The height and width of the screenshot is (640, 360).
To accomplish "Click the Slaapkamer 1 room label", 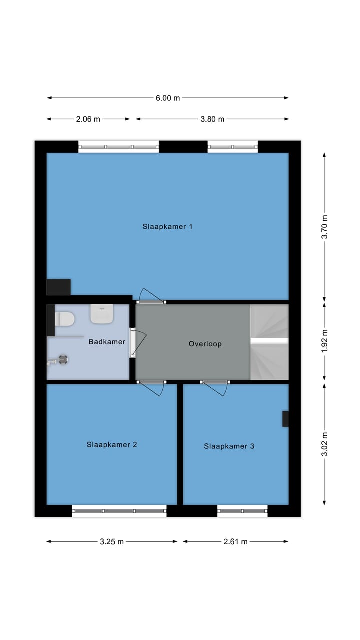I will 167,227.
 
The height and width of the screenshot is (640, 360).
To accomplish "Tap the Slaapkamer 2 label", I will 112,445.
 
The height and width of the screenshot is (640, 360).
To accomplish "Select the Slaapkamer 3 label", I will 229,446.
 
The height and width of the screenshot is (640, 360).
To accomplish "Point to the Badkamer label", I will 107,342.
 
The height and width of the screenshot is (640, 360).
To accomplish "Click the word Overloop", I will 205,344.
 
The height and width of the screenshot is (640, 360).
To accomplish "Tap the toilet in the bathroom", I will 65,318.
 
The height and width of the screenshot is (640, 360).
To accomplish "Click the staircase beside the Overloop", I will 269,342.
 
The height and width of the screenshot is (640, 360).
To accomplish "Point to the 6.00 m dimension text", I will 168,98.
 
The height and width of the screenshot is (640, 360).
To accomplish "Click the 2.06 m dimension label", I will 88,119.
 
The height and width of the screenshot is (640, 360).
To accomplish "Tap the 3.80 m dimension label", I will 212,119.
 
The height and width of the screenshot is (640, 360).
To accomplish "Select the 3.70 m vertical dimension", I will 325,227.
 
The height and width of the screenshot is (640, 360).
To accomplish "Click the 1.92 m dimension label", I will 325,342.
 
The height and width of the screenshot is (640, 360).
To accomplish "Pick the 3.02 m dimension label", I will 325,444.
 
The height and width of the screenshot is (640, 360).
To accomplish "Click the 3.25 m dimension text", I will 112,541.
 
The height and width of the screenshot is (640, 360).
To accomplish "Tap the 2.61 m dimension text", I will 236,541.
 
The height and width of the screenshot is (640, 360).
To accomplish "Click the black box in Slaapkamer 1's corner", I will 59,287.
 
